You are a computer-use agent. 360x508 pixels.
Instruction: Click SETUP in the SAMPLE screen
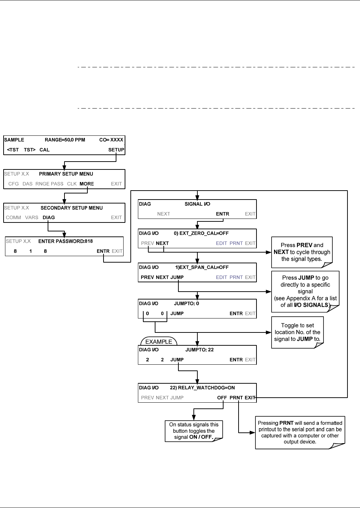click(116, 150)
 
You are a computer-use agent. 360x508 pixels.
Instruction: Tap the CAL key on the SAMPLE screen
click(44, 150)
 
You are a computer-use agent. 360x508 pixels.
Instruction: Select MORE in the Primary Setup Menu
click(87, 184)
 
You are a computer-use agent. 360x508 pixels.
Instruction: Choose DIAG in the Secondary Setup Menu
click(49, 217)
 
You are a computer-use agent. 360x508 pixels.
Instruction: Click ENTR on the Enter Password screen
click(103, 251)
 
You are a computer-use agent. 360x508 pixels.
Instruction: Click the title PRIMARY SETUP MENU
click(66, 174)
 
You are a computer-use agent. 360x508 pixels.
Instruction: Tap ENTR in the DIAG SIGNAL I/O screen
click(222, 214)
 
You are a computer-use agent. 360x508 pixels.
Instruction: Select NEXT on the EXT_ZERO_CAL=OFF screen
click(162, 243)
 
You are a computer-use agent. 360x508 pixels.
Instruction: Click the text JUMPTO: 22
click(200, 350)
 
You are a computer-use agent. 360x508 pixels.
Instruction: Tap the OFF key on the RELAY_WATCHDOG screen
click(222, 398)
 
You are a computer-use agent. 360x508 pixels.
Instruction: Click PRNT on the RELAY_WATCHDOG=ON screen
click(236, 398)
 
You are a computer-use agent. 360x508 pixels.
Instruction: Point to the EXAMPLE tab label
click(159, 341)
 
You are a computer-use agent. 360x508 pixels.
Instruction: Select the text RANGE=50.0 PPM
click(65, 140)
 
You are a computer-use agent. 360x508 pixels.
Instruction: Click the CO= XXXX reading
click(111, 140)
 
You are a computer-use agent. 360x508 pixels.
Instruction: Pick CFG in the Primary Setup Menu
click(13, 184)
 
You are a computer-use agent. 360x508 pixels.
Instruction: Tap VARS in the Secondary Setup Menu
click(32, 217)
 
